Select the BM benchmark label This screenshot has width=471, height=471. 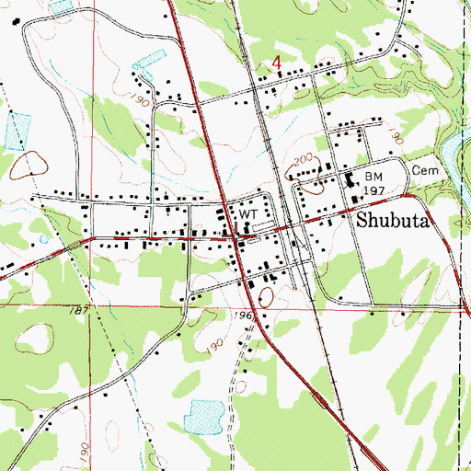373,175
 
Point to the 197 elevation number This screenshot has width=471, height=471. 373,190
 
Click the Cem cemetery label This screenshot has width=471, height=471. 421,172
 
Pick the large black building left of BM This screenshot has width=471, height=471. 351,181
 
